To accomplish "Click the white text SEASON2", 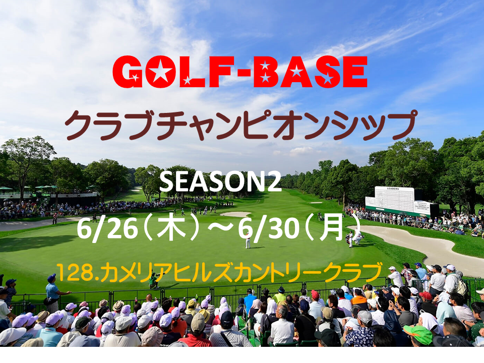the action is click(220, 182).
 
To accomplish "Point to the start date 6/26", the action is click(107, 229).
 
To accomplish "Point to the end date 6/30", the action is click(269, 229).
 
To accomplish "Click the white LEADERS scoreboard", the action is click(401, 201).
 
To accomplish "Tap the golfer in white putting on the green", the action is click(248, 240).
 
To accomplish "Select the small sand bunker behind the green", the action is click(235, 214).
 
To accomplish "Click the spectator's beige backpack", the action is click(461, 287).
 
